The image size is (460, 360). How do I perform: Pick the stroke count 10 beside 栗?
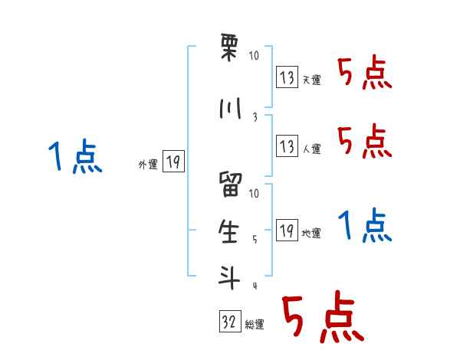tap(255, 56)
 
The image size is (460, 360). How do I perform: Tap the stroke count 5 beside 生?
tap(255, 240)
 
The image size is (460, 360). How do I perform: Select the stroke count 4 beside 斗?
tap(255, 286)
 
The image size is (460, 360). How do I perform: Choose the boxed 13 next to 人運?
tap(287, 146)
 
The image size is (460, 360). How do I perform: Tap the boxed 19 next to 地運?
tap(287, 230)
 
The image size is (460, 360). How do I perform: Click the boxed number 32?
tap(229, 322)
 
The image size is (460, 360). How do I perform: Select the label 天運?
tap(311, 80)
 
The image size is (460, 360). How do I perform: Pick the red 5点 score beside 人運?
tap(364, 141)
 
